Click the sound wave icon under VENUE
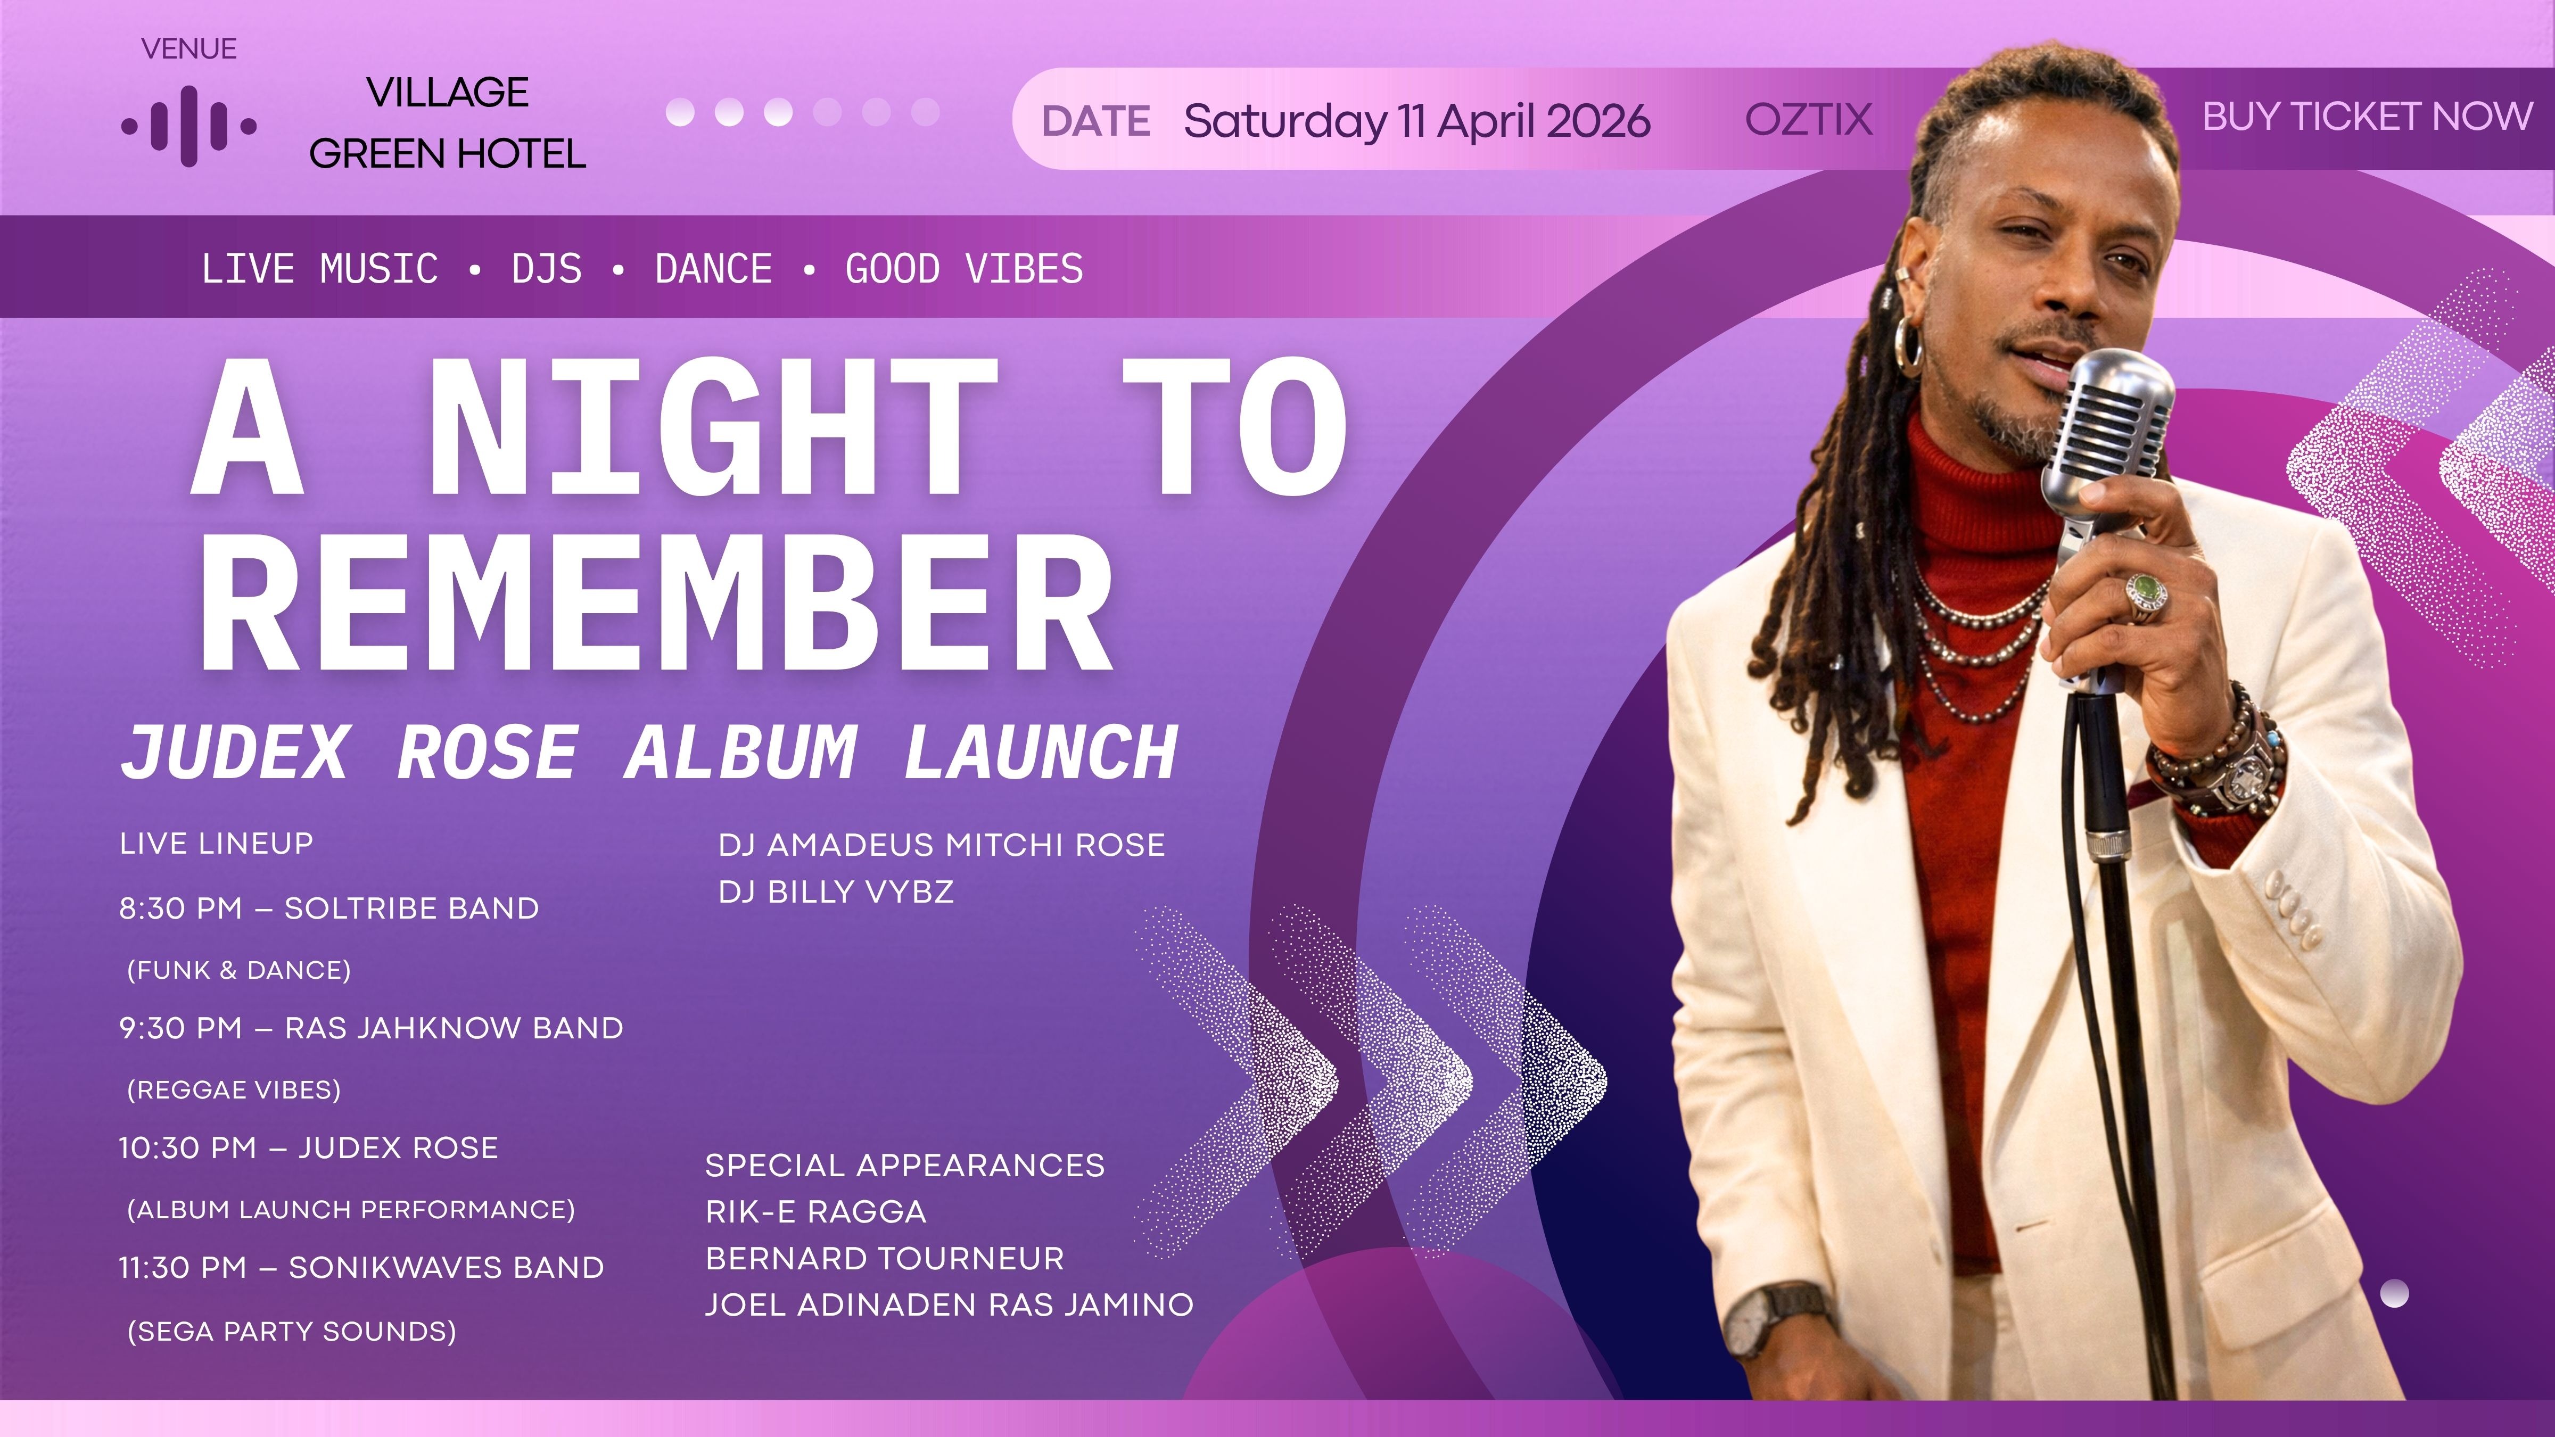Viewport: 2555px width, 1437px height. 188,126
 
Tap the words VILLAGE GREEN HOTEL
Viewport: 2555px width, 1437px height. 447,123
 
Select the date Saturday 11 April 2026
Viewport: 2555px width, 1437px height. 1416,121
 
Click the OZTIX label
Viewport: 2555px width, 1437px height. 1808,120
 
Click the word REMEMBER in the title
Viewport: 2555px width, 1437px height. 657,602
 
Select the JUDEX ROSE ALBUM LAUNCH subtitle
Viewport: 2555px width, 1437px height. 649,751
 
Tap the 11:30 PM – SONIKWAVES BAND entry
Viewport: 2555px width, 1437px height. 361,1267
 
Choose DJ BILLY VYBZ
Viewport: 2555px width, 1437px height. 836,891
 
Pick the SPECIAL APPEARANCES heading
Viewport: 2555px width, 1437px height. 904,1165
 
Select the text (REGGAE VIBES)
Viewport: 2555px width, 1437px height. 234,1090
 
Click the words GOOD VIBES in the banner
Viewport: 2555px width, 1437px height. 964,269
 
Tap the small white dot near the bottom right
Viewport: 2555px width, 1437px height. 2394,1293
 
